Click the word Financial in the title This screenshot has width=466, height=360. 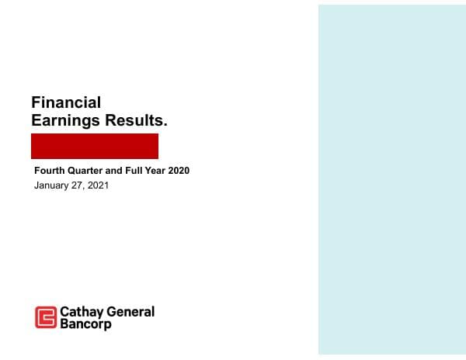66,102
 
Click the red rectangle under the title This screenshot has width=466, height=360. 95,146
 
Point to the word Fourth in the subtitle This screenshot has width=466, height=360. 48,171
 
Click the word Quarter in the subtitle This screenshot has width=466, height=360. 84,171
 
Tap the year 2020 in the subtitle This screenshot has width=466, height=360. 179,171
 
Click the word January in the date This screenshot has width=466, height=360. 52,186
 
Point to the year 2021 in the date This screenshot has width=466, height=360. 99,186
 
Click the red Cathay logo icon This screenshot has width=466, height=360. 46,317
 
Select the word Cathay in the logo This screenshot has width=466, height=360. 81,312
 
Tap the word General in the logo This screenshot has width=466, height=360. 130,312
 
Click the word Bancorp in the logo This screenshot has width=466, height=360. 85,324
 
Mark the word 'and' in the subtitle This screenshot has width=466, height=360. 115,171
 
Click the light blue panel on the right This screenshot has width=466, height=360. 391,180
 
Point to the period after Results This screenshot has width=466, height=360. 165,126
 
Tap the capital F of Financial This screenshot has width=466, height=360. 36,102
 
